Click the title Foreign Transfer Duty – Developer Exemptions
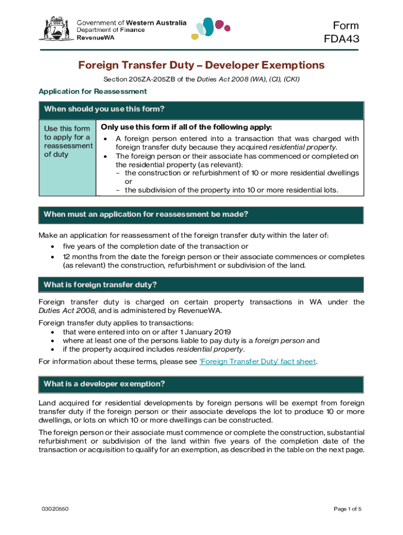pyautogui.click(x=201, y=65)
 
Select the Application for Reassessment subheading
pyautogui.click(x=93, y=91)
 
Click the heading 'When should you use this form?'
pyautogui.click(x=104, y=109)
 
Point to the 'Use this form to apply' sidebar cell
pyautogui.click(x=68, y=141)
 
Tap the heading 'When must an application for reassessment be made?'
pyautogui.click(x=145, y=214)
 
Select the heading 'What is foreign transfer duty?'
pyautogui.click(x=100, y=285)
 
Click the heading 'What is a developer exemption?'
pyautogui.click(x=104, y=384)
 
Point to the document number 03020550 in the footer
pyautogui.click(x=55, y=509)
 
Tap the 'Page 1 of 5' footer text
pyautogui.click(x=347, y=509)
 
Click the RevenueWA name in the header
pyautogui.click(x=94, y=38)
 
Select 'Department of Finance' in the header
pyautogui.click(x=111, y=30)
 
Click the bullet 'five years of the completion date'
pyautogui.click(x=155, y=246)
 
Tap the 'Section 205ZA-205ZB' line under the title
pyautogui.click(x=201, y=79)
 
